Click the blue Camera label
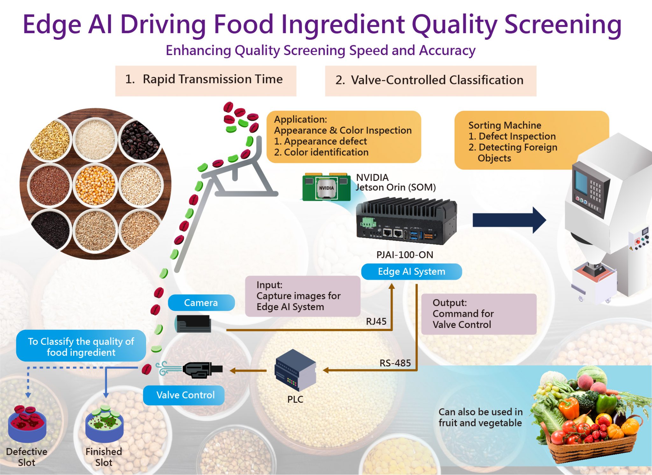click(x=201, y=302)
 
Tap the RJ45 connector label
click(x=376, y=321)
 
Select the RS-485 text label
click(x=395, y=363)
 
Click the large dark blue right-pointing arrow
click(x=509, y=220)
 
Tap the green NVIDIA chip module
click(x=326, y=188)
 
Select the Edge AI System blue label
click(x=411, y=272)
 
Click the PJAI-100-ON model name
click(x=405, y=255)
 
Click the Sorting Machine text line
click(x=505, y=125)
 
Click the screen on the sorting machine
click(x=581, y=181)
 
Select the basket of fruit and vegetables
click(x=589, y=417)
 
